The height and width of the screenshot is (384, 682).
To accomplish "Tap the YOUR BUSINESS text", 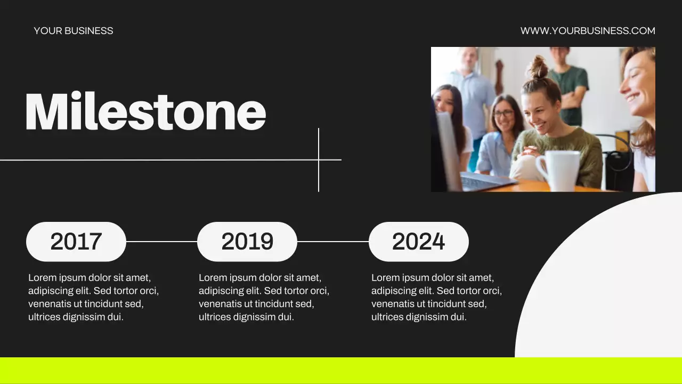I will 74,31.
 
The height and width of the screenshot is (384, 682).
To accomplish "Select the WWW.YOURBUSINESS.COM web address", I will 588,31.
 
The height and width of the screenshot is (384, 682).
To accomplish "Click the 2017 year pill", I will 76,242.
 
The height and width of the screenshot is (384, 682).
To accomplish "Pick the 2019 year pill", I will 247,242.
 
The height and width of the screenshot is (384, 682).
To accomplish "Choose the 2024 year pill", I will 419,242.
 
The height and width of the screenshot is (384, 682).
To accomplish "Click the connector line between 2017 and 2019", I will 161,241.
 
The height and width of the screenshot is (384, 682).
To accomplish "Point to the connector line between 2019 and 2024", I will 333,241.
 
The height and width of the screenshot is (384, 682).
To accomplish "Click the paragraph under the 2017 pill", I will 93,297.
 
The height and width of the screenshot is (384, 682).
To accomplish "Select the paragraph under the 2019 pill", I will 264,297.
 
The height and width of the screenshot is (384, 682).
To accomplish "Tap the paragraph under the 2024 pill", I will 436,297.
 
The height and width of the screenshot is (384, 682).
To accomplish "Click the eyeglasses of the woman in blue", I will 504,113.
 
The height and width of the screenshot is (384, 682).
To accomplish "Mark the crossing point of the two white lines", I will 319,159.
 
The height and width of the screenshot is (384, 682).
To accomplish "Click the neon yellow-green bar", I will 341,370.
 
